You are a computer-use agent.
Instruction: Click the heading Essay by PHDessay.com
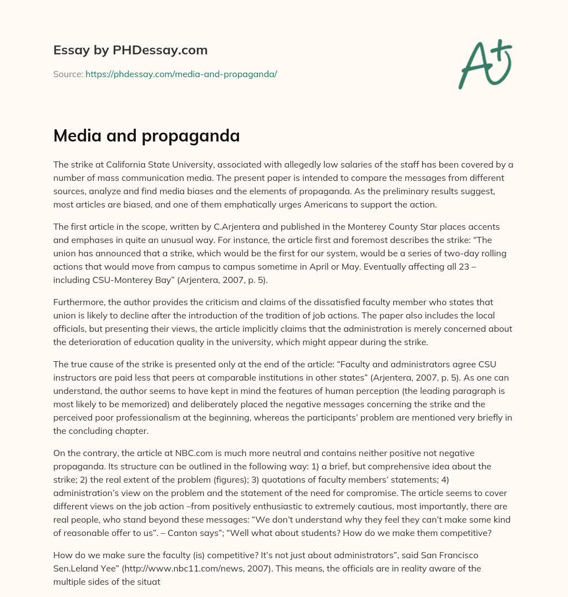tap(130, 50)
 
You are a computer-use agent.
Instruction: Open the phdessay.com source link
tap(181, 74)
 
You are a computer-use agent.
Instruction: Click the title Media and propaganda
tap(146, 136)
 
